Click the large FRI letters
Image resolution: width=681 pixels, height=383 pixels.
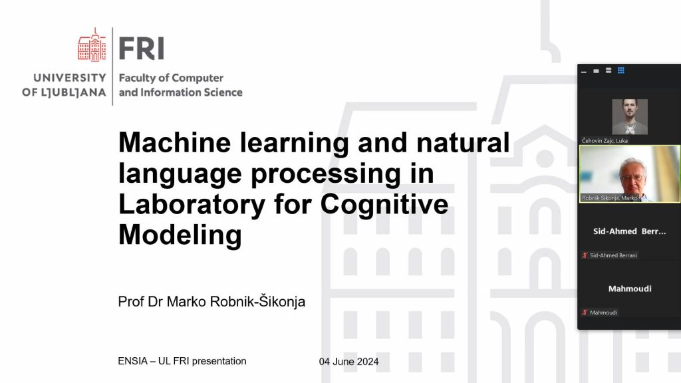point(142,48)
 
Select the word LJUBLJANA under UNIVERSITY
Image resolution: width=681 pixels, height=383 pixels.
point(76,92)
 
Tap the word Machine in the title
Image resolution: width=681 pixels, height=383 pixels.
point(175,142)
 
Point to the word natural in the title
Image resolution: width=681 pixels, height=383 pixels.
point(463,142)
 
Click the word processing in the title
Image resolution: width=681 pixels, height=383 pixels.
point(326,174)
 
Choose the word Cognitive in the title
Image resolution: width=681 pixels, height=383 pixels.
point(384,204)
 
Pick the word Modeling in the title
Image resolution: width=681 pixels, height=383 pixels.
point(180,235)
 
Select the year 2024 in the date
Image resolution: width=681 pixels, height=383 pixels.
point(367,361)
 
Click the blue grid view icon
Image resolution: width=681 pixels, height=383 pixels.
point(621,70)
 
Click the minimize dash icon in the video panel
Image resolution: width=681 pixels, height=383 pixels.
point(584,72)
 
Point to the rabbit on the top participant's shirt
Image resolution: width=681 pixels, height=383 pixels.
point(630,128)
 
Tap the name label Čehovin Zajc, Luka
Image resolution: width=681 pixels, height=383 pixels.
point(605,141)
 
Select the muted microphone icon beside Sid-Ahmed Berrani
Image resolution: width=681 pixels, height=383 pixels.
point(585,255)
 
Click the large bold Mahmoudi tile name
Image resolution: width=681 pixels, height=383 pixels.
point(630,289)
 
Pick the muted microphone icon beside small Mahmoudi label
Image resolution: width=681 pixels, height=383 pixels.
point(585,313)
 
